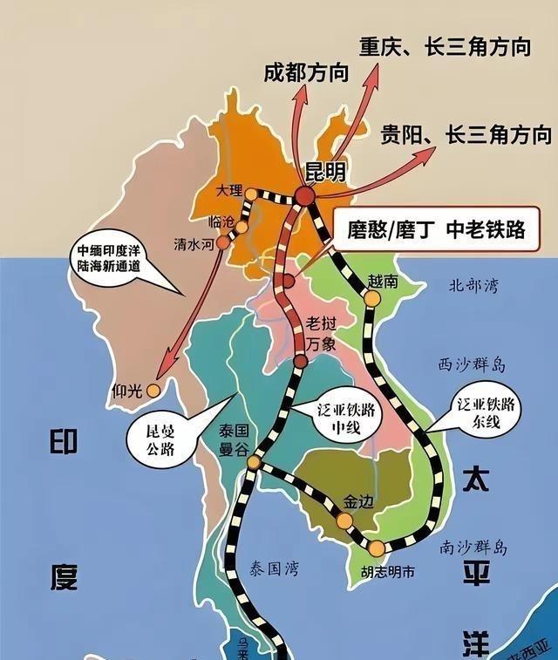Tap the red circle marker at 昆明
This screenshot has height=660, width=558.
coord(304,197)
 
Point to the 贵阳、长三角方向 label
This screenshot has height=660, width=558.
coord(466,134)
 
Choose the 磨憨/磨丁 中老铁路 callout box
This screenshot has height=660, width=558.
coord(433,229)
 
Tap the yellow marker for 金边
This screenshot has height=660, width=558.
coord(345,521)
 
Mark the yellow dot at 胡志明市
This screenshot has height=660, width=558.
coord(376,548)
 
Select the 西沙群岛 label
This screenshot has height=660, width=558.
coord(473,364)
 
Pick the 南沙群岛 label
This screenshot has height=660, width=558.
coord(474,548)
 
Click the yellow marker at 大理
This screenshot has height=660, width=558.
coord(251,194)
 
